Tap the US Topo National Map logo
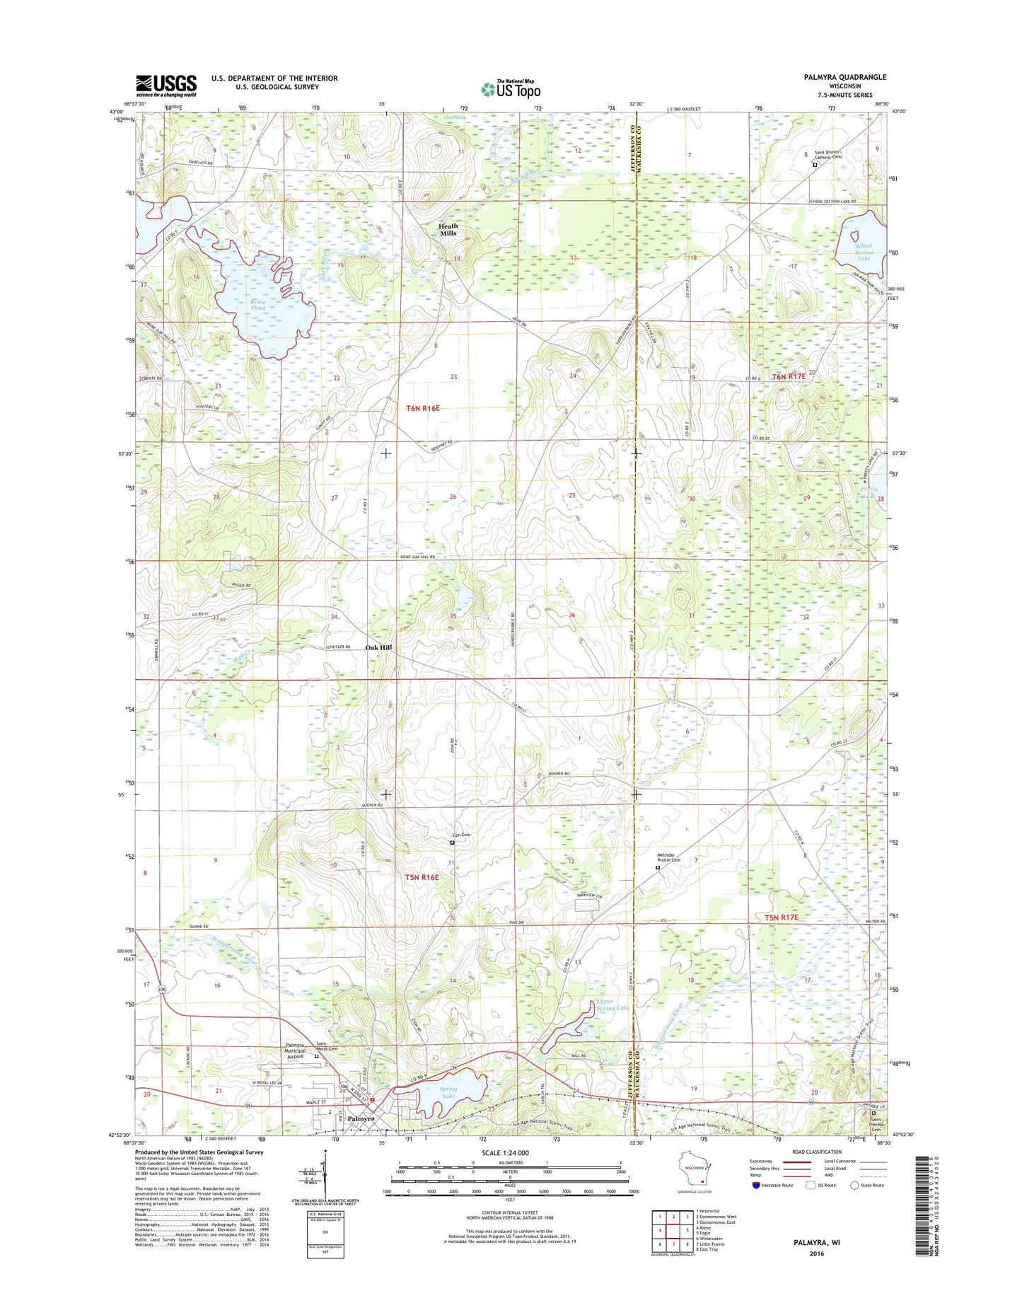[511, 88]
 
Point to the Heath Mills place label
[448, 228]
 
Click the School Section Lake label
[864, 252]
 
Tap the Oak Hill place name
[378, 647]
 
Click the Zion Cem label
[461, 835]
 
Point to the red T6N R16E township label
[423, 408]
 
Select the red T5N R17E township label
[781, 917]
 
